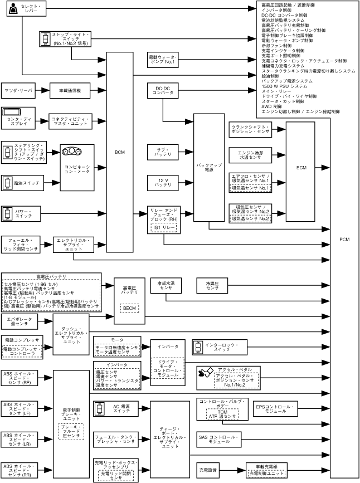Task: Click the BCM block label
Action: pos(119,151)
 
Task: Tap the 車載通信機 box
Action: pos(70,90)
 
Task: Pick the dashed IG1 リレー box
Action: pos(163,228)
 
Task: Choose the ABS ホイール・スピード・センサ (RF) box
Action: pos(20,378)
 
